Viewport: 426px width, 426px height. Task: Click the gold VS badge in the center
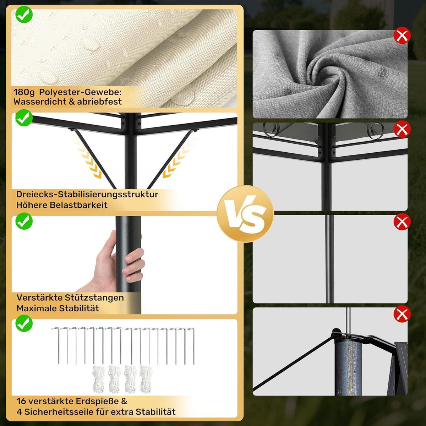click(245, 214)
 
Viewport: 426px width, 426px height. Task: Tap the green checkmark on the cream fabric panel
click(24, 14)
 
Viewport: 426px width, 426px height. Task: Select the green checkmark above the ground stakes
click(24, 323)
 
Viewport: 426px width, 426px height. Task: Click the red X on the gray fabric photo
click(402, 35)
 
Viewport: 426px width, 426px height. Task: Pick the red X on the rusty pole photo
click(402, 314)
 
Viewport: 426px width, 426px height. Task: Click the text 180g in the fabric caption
click(24, 92)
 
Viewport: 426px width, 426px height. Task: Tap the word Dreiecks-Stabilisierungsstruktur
click(87, 194)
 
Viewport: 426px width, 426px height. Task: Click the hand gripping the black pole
click(115, 261)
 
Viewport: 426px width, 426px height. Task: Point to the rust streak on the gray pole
click(349, 367)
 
